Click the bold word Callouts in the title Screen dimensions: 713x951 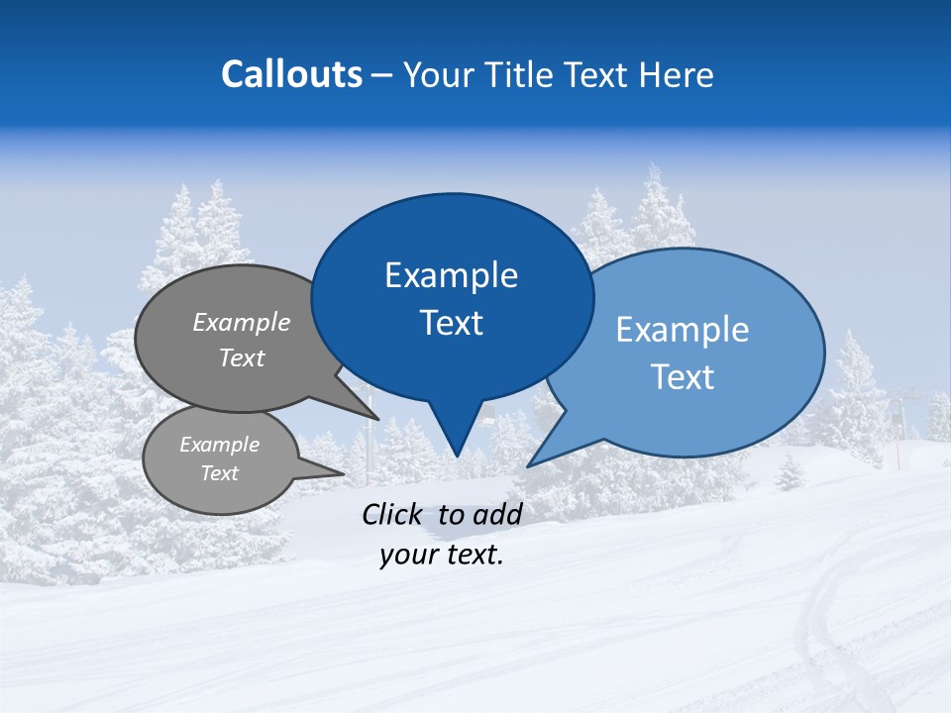click(291, 74)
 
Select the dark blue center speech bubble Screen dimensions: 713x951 click(452, 297)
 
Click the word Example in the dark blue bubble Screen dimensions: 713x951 click(451, 274)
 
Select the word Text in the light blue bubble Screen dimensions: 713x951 click(683, 377)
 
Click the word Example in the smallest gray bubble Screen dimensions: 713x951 click(219, 445)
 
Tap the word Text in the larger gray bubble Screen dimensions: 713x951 click(241, 357)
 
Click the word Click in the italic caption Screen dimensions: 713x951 click(391, 513)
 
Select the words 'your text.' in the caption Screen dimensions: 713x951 click(441, 555)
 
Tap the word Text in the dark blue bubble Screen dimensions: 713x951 click(451, 323)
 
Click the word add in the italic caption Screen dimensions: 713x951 click(497, 513)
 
